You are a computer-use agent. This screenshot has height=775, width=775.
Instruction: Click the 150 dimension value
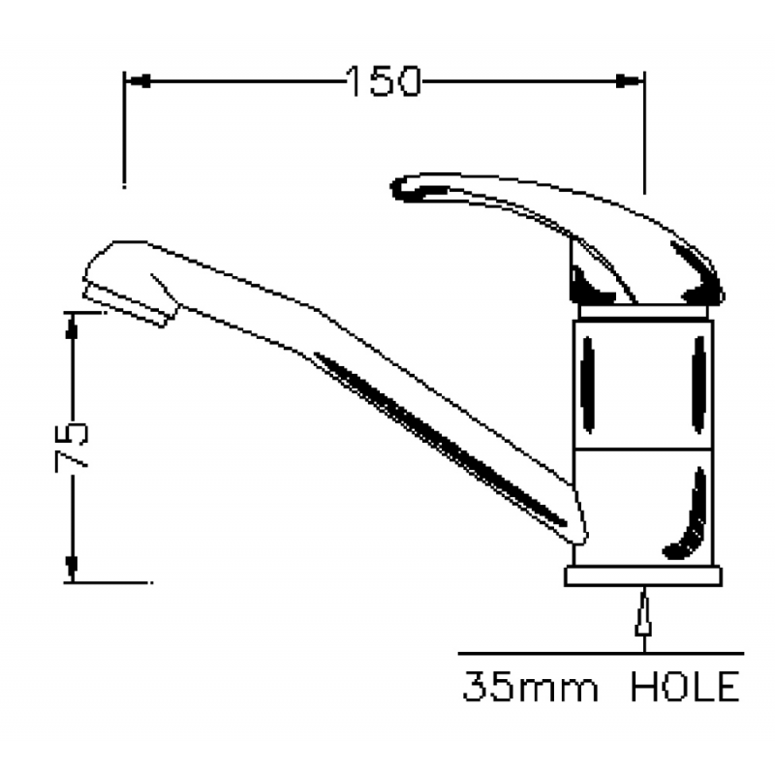[383, 81]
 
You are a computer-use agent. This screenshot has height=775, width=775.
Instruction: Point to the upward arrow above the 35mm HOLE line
[641, 614]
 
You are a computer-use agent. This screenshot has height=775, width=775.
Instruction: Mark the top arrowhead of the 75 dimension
[72, 325]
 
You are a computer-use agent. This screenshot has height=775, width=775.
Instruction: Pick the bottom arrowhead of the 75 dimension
[72, 570]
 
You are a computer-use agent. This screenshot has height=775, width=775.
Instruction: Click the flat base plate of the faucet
[642, 575]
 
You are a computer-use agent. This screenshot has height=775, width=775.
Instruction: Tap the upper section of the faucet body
[642, 381]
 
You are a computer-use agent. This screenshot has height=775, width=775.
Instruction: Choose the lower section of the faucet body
[642, 505]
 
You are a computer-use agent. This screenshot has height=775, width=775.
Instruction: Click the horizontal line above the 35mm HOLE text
[601, 654]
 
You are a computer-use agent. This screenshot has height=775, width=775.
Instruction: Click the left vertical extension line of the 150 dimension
[123, 136]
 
